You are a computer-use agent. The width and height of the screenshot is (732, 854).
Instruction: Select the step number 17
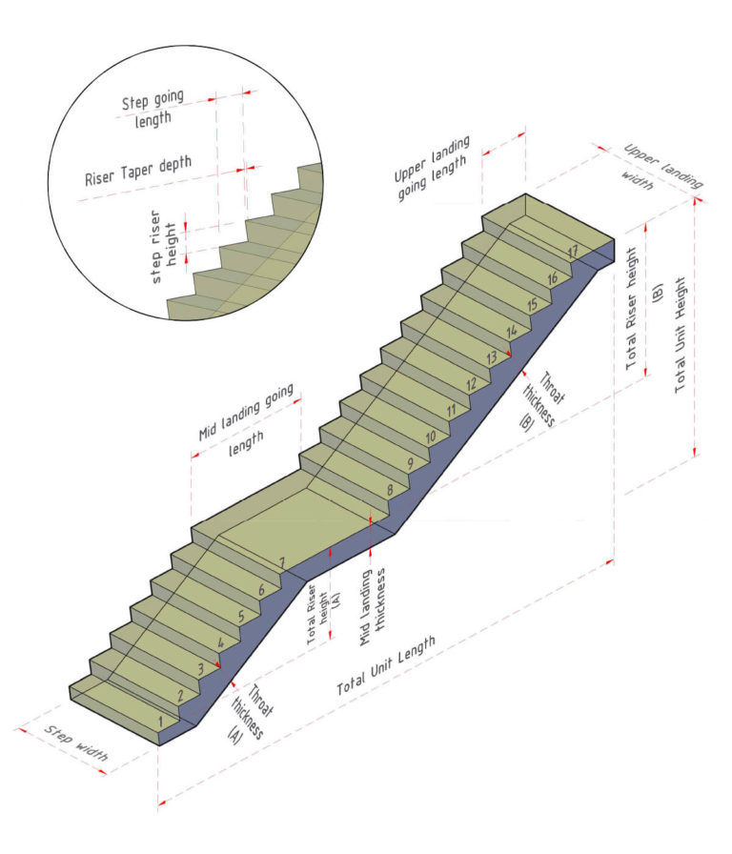pyautogui.click(x=573, y=252)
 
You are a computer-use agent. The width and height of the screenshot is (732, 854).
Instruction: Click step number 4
pyautogui.click(x=221, y=643)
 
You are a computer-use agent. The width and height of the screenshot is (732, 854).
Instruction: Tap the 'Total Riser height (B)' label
pyautogui.click(x=645, y=305)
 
